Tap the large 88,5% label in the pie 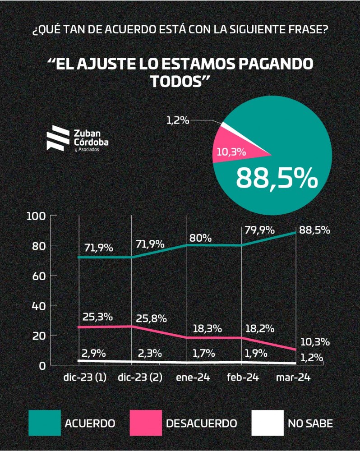point(277,179)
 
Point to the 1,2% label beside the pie point(178,120)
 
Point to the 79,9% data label point(259,230)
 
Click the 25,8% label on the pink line point(152,318)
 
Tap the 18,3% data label point(201,328)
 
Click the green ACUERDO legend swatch point(44,423)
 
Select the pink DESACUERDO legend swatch point(146,423)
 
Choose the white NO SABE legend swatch point(267,423)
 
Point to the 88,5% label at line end point(314,230)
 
